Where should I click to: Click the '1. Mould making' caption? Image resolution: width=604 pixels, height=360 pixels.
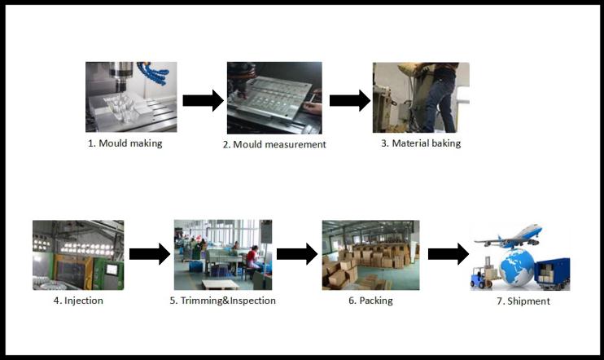tap(125, 143)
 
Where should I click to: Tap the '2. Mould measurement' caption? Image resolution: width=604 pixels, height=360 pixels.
tap(274, 144)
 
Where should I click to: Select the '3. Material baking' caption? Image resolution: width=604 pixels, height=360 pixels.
tap(421, 143)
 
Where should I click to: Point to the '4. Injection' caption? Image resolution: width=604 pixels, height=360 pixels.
tap(78, 301)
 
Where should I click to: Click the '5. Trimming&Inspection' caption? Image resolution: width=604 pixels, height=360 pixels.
tap(223, 301)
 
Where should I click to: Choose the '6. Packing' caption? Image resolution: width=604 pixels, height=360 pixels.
tap(370, 301)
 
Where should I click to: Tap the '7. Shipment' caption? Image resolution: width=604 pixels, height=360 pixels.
tap(523, 301)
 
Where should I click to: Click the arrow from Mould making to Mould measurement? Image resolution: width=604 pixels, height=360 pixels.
tap(203, 101)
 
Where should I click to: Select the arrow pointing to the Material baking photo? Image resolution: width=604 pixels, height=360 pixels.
tap(350, 101)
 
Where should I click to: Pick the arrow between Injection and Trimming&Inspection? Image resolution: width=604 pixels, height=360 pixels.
tap(150, 254)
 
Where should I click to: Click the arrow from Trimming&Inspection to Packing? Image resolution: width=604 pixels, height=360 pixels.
tap(297, 254)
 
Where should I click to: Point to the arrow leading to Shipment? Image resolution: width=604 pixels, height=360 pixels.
tap(449, 254)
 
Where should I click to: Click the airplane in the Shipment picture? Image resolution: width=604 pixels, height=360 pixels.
tap(510, 236)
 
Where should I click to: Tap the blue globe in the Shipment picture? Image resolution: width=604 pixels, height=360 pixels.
tap(517, 267)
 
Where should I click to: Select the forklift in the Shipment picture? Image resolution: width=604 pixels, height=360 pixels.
tap(482, 274)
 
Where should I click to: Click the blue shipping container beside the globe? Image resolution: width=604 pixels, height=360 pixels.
tap(552, 273)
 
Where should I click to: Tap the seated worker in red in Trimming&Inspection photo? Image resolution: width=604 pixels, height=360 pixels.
tap(252, 259)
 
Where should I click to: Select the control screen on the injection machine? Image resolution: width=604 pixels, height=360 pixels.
tap(112, 270)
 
